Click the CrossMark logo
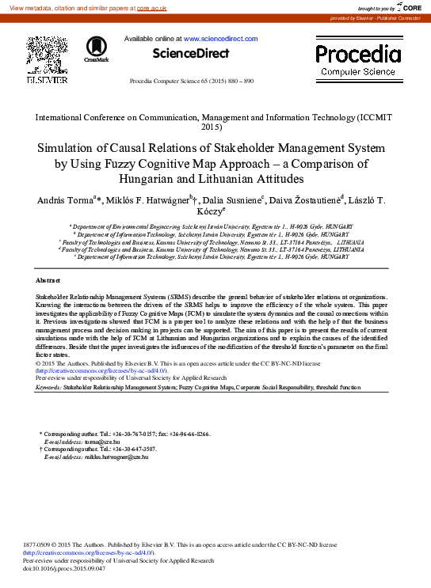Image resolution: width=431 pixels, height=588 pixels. click(96, 48)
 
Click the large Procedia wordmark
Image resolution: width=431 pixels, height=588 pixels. click(358, 55)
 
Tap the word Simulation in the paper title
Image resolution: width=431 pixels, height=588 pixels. click(70, 148)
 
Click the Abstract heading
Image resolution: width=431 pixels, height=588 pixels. click(48, 281)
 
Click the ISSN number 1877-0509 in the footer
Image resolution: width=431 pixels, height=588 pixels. click(39, 545)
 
